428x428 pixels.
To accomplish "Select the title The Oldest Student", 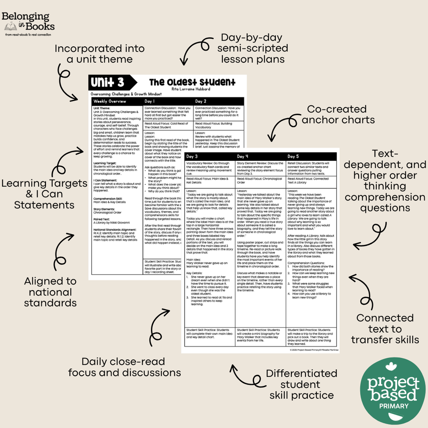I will point(192,82).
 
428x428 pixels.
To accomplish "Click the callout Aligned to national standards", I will point(50,292).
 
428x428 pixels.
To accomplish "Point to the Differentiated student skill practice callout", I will point(301,384).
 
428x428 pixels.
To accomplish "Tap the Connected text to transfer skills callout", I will point(385,329).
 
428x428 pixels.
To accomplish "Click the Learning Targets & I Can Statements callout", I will point(44,194).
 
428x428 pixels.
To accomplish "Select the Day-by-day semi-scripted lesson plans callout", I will point(252,48).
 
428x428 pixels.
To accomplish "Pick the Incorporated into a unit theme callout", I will point(99,53).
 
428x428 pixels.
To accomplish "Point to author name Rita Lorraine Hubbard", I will point(191,89).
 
